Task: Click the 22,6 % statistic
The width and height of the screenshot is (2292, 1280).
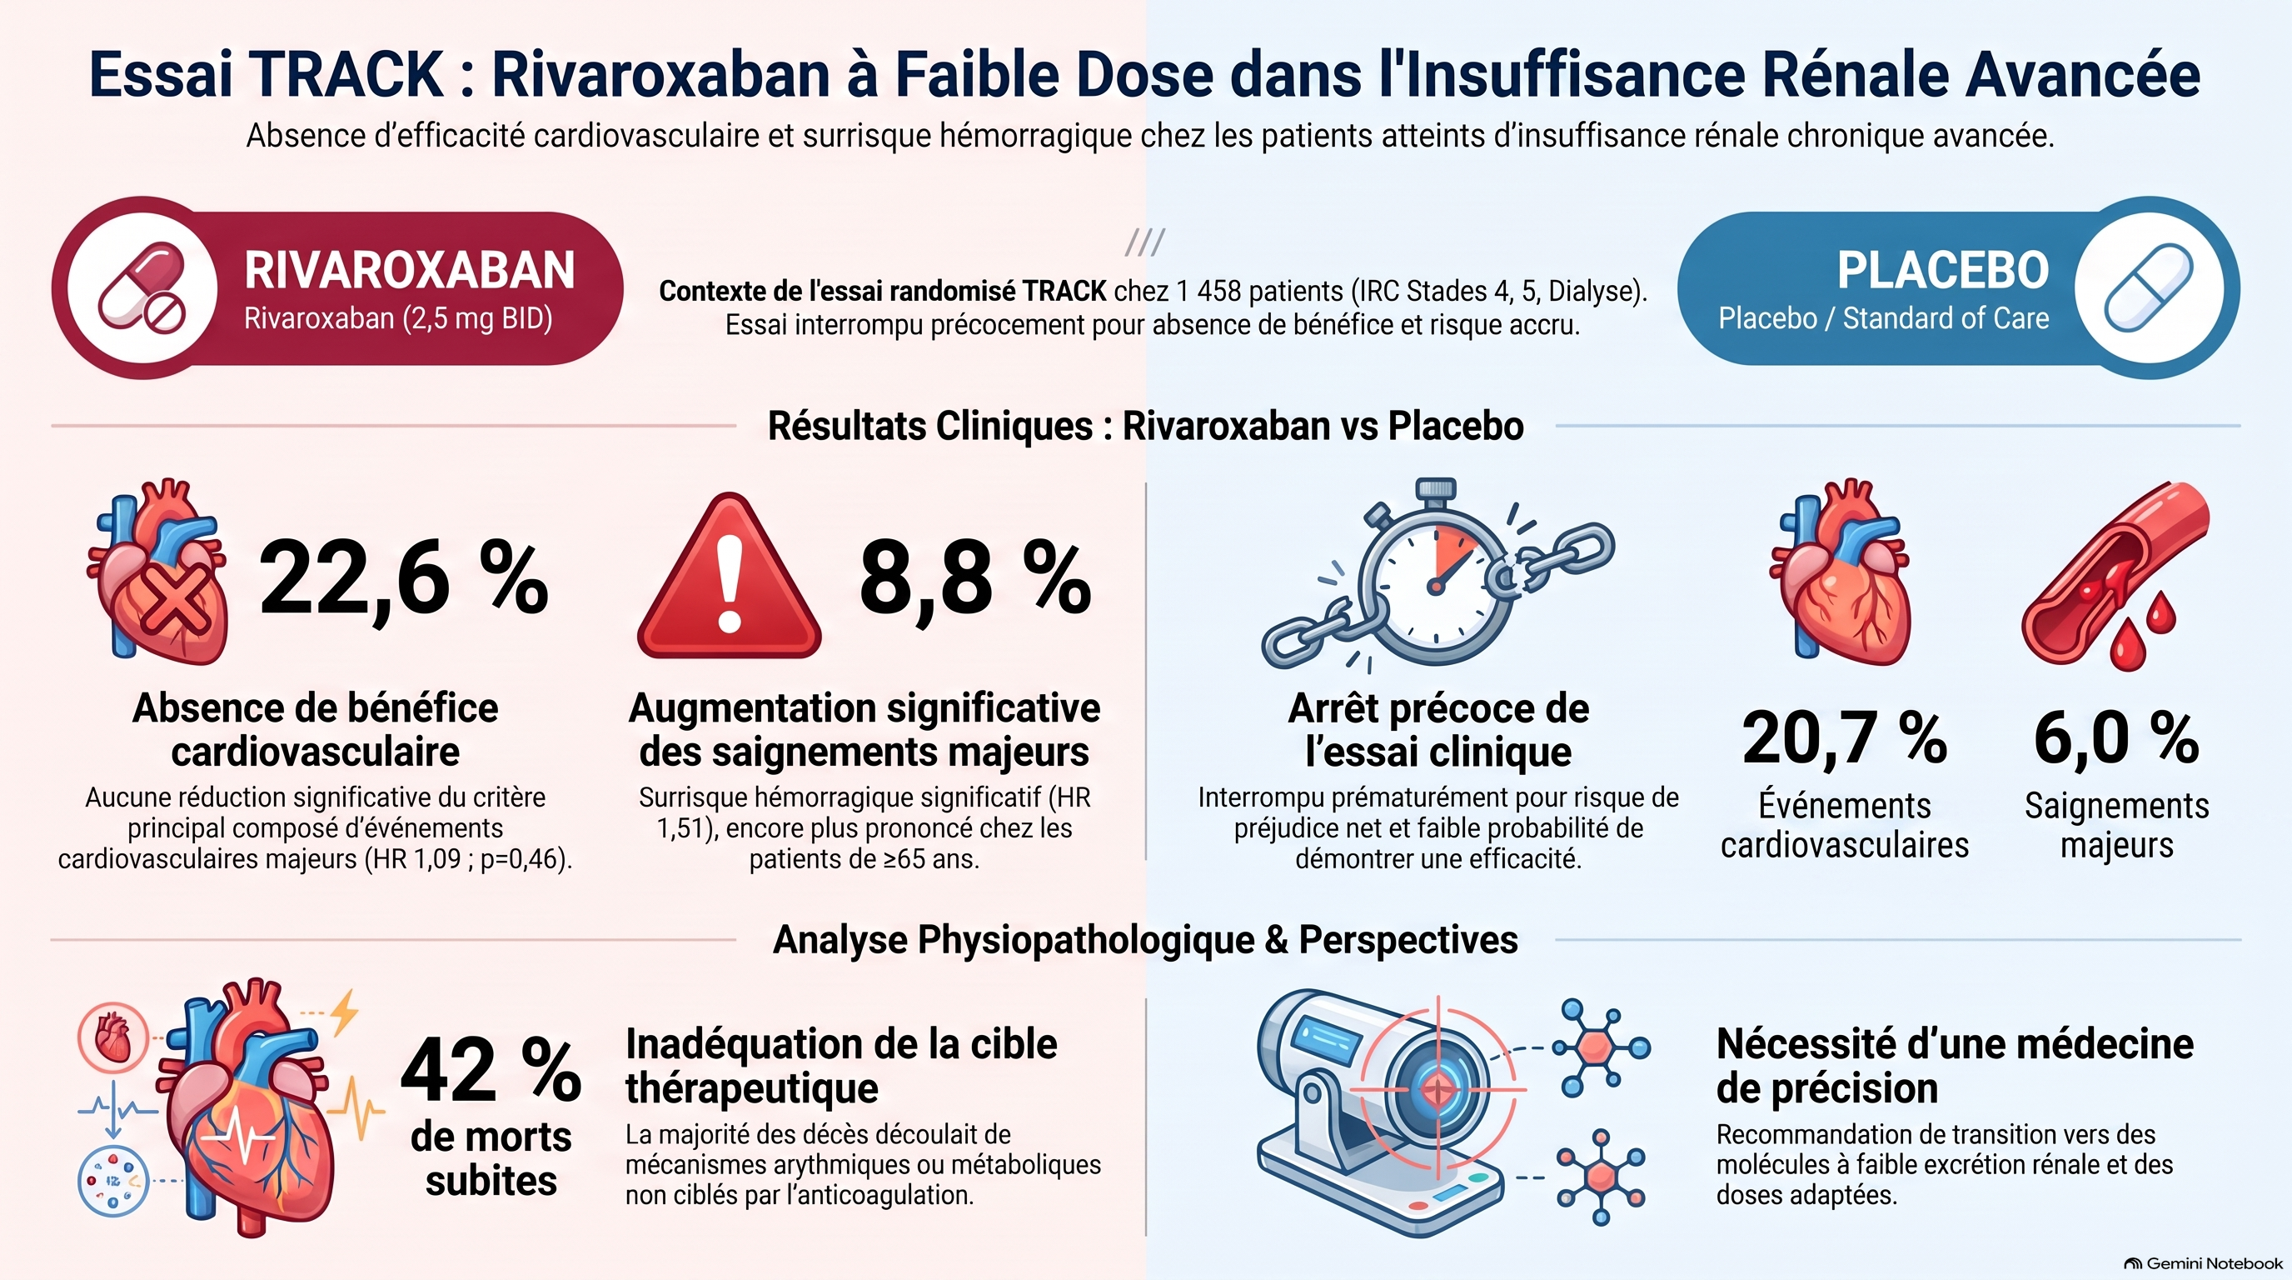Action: coord(403,579)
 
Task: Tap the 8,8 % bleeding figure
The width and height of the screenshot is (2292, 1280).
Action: coord(975,579)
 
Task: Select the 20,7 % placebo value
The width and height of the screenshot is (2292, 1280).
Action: coord(1845,737)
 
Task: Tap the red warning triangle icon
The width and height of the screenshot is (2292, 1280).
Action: coord(730,577)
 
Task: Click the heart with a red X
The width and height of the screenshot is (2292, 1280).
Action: coord(158,572)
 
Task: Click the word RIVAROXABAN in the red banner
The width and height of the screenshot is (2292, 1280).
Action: coord(409,270)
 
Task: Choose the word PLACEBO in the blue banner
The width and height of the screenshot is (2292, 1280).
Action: coord(1943,270)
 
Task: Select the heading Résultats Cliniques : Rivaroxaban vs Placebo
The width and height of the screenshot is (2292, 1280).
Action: coord(1146,426)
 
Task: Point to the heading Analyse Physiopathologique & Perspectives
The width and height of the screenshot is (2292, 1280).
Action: coord(1146,940)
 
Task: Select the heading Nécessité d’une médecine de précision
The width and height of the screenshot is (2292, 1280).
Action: coord(1955,1066)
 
